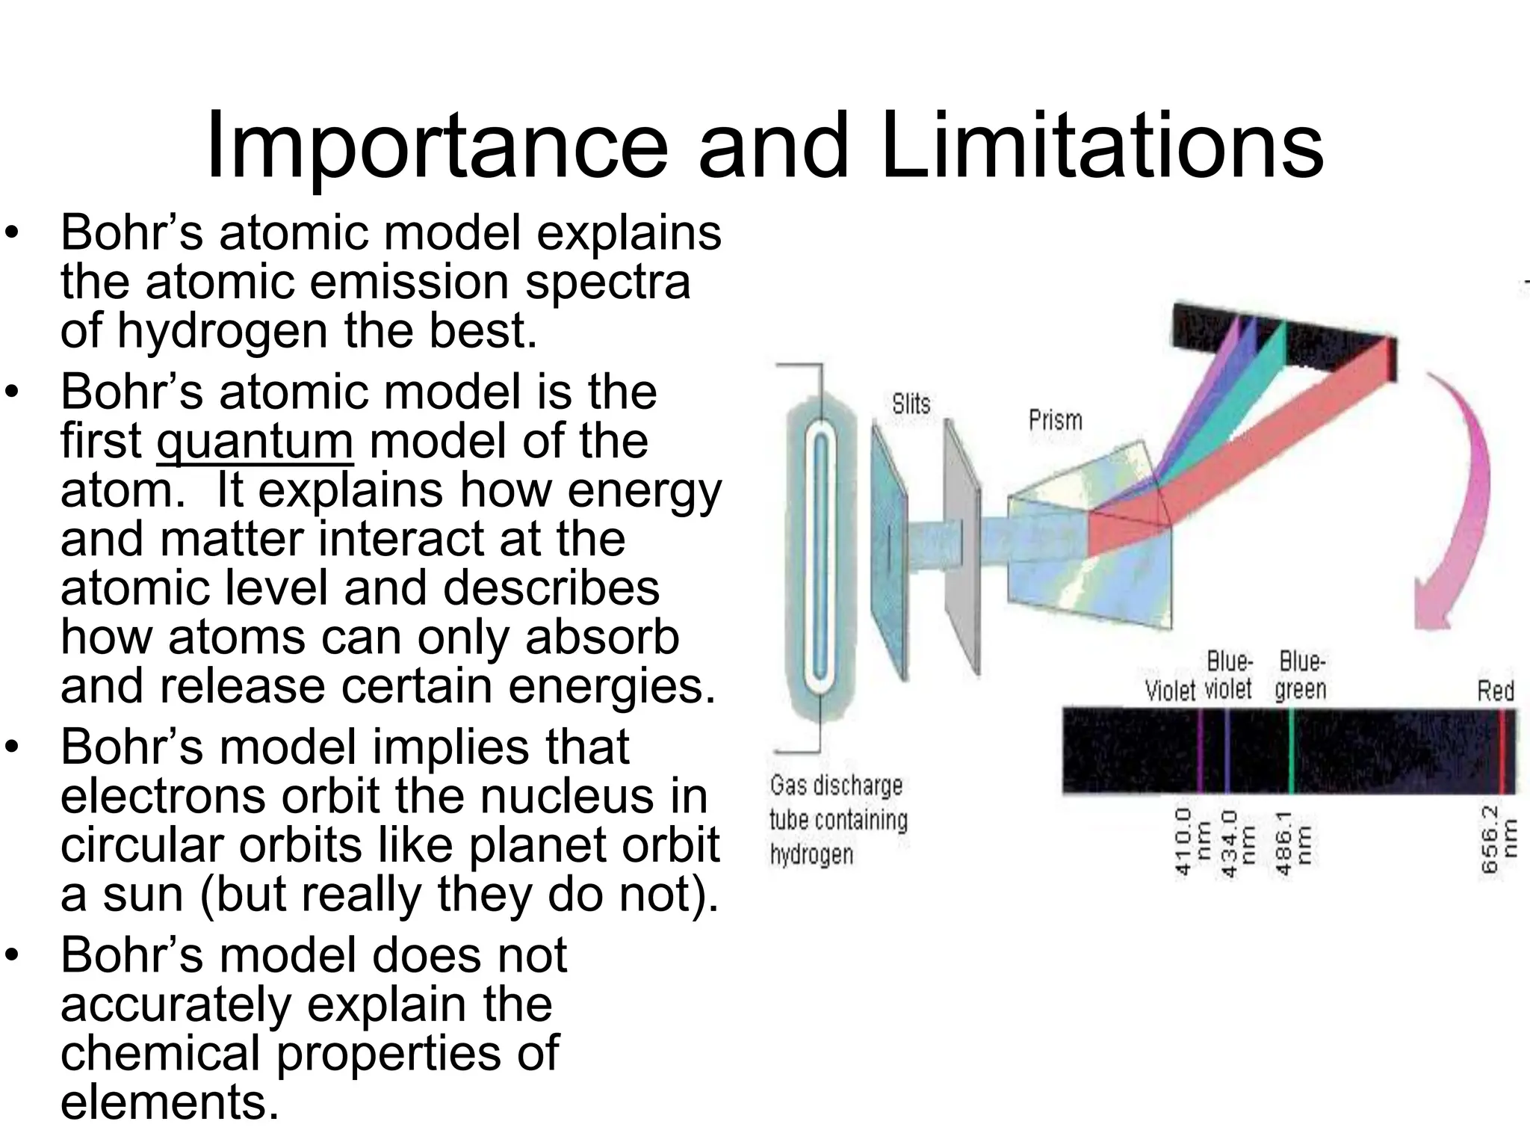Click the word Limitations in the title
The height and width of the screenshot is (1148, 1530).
[x=1101, y=146]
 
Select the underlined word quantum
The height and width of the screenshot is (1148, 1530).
[x=255, y=442]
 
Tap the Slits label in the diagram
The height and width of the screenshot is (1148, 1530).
[x=911, y=404]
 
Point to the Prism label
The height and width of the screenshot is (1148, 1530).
[x=1055, y=420]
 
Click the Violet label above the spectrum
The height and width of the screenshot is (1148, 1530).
[x=1170, y=691]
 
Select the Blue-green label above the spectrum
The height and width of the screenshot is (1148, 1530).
[x=1301, y=676]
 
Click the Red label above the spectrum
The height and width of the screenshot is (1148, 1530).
[x=1496, y=691]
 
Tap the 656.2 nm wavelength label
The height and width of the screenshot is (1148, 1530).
[x=1498, y=839]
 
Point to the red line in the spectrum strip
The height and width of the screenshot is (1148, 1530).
[x=1501, y=750]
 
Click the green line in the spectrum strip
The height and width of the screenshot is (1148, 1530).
[x=1292, y=750]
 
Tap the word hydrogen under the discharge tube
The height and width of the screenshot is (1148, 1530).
[x=811, y=854]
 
